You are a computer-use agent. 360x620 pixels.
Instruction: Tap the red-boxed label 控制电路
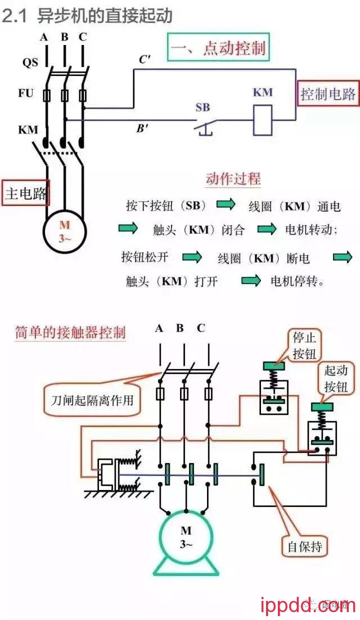[x=328, y=94]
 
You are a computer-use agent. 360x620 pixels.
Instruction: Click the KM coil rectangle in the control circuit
[x=262, y=120]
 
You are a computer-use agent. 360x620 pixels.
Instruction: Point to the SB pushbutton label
[x=202, y=107]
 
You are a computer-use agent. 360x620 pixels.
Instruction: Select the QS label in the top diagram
[x=30, y=62]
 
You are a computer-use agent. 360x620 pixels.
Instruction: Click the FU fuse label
[x=26, y=93]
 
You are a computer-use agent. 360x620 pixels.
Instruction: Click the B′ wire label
[x=142, y=128]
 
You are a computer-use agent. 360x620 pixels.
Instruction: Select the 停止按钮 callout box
[x=304, y=345]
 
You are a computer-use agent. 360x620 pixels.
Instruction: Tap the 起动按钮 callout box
[x=336, y=378]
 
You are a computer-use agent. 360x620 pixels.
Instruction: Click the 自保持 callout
[x=304, y=546]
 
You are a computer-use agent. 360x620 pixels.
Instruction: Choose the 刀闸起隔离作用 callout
[x=92, y=401]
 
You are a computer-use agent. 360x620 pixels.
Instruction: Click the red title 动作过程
[x=233, y=179]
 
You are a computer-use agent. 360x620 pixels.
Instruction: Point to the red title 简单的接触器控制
[x=70, y=332]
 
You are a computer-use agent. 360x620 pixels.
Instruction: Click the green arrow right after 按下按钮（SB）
[x=226, y=205]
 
